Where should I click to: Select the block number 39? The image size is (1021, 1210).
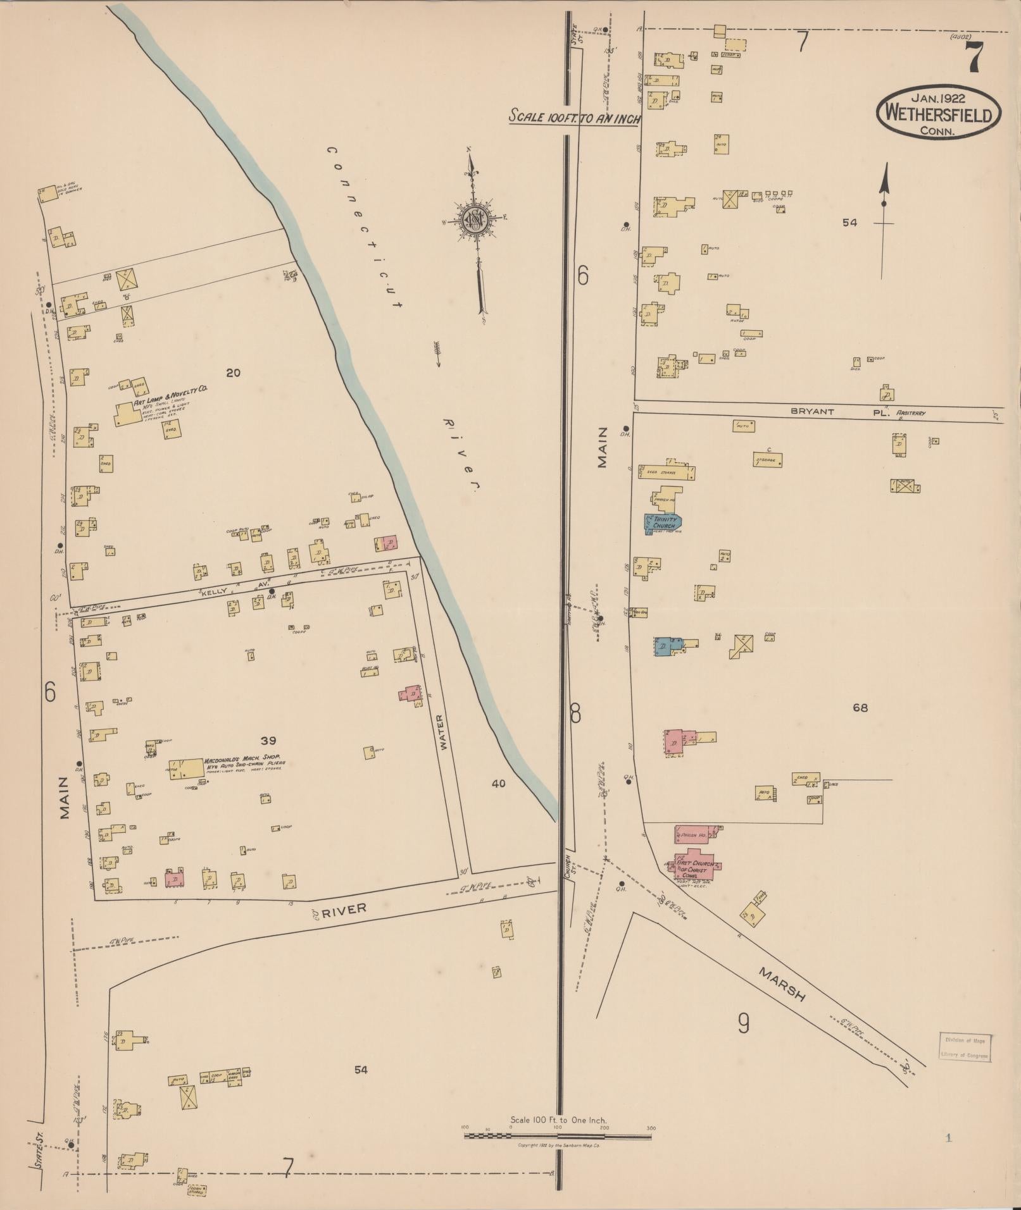(268, 740)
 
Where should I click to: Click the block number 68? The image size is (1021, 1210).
(860, 708)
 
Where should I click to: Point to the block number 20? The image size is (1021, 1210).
(233, 373)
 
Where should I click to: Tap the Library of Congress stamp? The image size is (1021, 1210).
(965, 1047)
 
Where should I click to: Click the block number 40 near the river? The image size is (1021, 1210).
(498, 783)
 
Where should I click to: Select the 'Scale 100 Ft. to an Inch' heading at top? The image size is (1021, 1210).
(575, 118)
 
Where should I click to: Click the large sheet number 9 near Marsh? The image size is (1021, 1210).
(744, 1022)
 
